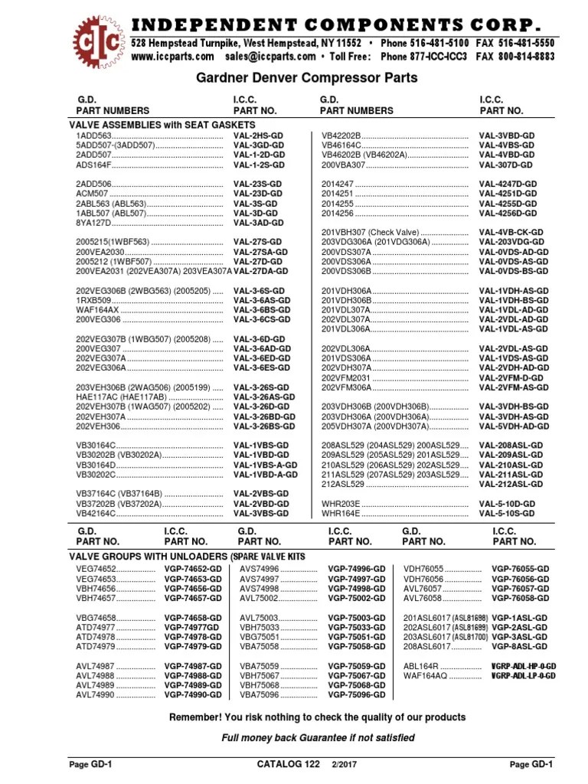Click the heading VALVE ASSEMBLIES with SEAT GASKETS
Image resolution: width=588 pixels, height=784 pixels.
[162, 124]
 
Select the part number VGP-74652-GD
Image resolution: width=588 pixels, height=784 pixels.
[193, 569]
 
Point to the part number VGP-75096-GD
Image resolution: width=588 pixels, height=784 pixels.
[357, 694]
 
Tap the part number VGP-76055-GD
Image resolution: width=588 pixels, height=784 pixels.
[521, 569]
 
